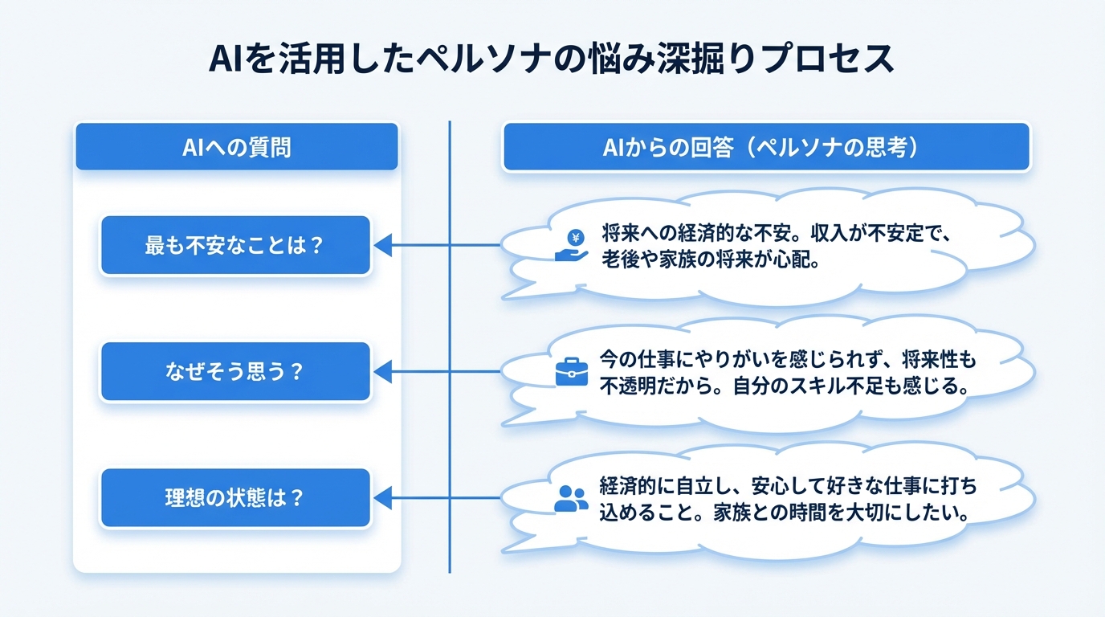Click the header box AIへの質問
[236, 147]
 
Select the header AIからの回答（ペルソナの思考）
[765, 147]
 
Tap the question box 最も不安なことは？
[234, 245]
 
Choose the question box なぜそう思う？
[234, 372]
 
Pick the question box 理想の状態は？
[234, 498]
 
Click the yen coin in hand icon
[573, 245]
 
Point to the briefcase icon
[572, 372]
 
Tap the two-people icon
[571, 498]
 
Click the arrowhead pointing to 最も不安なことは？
[383, 245]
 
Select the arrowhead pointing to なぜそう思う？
[383, 372]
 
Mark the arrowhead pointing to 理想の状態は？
[383, 498]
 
